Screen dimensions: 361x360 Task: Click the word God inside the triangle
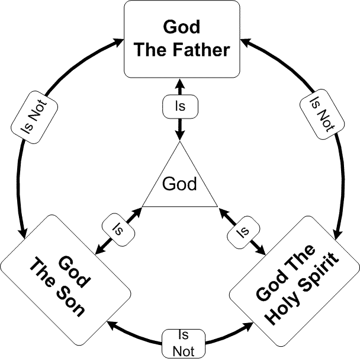coord(180,184)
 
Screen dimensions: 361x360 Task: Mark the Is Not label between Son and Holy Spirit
coord(183,343)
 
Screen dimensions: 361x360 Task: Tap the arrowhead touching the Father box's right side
coord(243,43)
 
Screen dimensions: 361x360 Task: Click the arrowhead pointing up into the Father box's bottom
coord(180,82)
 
